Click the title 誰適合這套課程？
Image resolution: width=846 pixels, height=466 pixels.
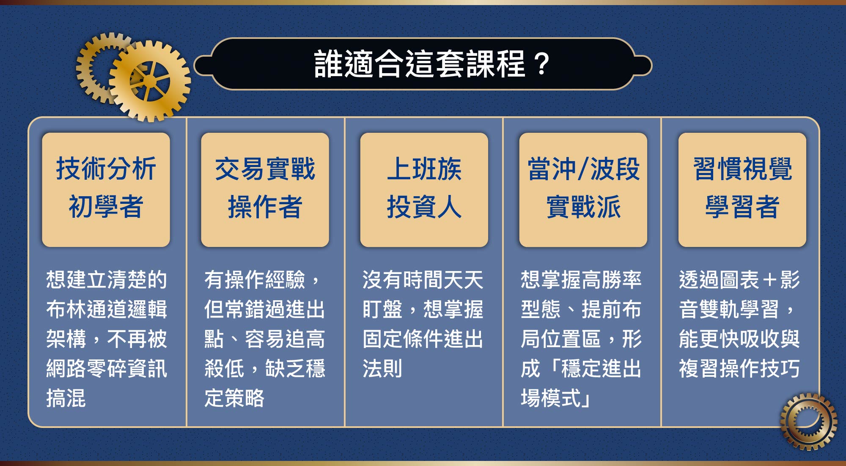click(431, 64)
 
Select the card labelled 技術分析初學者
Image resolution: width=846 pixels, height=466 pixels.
click(106, 190)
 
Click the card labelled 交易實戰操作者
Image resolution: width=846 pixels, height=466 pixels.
click(265, 190)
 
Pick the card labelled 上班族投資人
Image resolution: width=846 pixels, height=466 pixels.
click(424, 190)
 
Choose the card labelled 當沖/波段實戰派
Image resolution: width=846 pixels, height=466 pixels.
click(583, 190)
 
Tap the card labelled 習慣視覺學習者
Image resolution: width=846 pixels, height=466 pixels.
click(742, 190)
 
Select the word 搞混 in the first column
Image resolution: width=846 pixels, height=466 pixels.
click(66, 398)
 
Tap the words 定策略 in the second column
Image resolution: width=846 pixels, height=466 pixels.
click(234, 398)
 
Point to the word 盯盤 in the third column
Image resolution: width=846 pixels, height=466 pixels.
click(382, 309)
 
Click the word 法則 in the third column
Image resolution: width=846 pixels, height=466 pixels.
click(382, 368)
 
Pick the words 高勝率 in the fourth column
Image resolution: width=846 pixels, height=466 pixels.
click(612, 280)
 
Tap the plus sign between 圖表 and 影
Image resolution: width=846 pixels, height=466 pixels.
click(769, 280)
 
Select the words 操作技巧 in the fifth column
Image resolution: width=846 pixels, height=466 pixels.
click(759, 368)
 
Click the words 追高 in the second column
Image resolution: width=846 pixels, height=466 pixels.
click(305, 339)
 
